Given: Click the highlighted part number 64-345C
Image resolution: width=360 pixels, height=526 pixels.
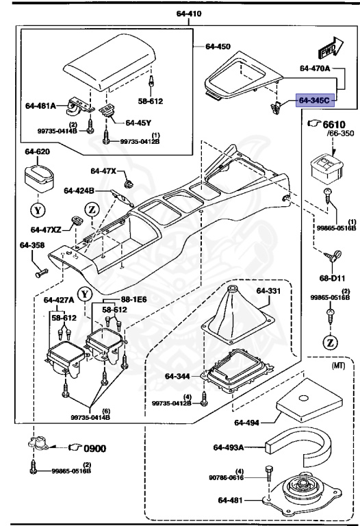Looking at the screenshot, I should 314,101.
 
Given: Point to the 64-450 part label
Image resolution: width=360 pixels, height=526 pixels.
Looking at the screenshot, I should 218,47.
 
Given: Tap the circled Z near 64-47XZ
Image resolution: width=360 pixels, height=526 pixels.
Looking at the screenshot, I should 92,209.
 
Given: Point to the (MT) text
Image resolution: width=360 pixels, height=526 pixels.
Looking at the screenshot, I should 337,367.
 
